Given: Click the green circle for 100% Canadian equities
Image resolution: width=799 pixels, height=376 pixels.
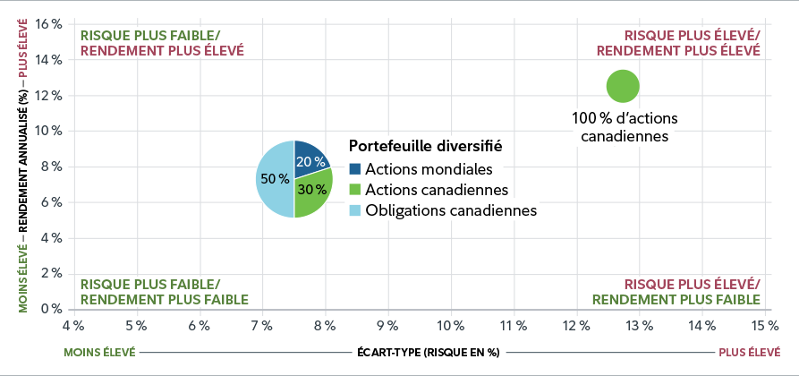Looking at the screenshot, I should click(x=623, y=87).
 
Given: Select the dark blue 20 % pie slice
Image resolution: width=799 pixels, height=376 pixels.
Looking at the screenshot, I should click(x=308, y=160).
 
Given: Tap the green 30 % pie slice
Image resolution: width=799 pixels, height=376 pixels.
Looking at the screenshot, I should click(x=313, y=192).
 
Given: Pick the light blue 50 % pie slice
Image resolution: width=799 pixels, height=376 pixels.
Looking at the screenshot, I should click(x=274, y=179).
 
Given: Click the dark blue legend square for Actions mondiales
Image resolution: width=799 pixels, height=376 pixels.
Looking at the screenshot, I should click(x=354, y=169).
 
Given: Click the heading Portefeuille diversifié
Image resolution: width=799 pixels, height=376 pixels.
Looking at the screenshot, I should click(x=425, y=145).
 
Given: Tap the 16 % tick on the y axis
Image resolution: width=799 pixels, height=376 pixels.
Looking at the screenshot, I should click(x=49, y=23).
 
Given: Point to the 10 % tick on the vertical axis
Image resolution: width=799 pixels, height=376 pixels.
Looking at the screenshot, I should click(x=49, y=131).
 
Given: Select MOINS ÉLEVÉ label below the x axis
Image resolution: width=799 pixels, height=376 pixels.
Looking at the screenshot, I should click(x=98, y=353).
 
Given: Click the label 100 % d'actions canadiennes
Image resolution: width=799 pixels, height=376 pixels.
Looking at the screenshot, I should click(x=625, y=126).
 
